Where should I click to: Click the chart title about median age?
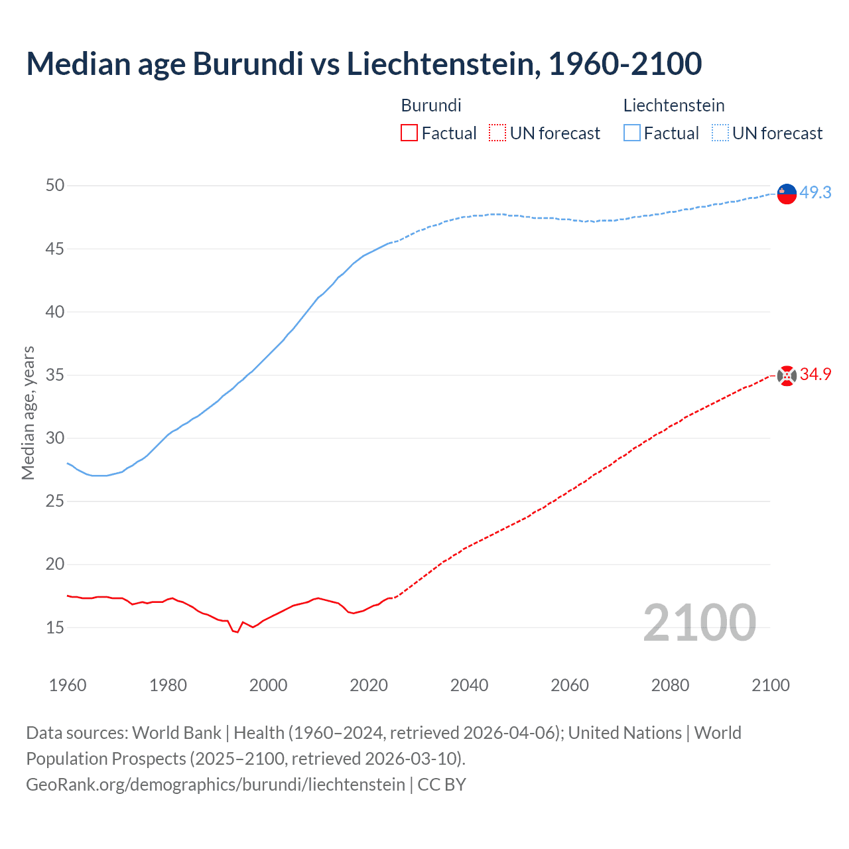[x=363, y=64]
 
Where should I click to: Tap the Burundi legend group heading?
[x=431, y=105]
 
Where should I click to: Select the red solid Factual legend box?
[x=409, y=133]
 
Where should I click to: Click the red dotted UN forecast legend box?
[x=497, y=133]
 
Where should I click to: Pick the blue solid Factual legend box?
[x=631, y=133]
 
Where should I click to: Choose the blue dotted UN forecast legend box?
[x=720, y=133]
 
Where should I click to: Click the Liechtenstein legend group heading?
[x=673, y=105]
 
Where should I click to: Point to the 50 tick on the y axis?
[x=55, y=185]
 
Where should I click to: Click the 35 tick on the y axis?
[x=55, y=375]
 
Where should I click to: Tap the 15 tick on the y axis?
[x=55, y=627]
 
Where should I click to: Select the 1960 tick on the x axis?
[x=68, y=685]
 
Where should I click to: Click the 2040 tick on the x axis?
[x=469, y=685]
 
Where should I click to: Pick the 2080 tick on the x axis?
[x=670, y=685]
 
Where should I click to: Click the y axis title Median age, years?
[x=28, y=413]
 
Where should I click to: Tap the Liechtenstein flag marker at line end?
[x=787, y=194]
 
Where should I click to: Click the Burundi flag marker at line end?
[x=787, y=375]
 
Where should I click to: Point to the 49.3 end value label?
[x=815, y=192]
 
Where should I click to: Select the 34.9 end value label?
[x=815, y=375]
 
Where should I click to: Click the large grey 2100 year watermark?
[x=699, y=622]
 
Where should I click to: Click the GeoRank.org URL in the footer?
[x=216, y=785]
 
